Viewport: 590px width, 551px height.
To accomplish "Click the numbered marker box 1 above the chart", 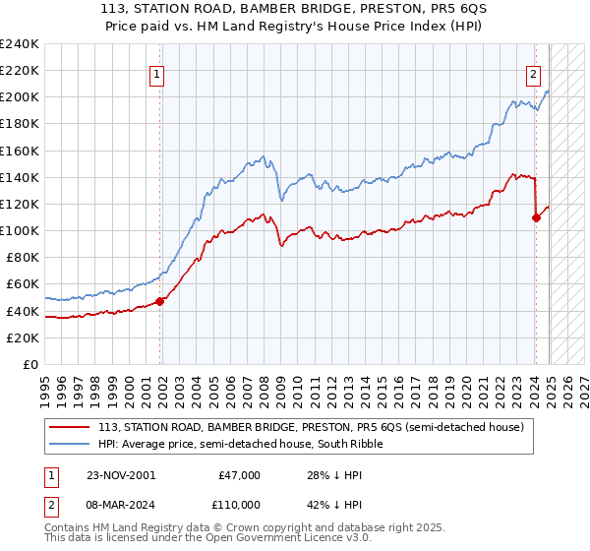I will (157, 72).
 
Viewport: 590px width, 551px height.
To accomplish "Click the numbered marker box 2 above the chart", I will (533, 72).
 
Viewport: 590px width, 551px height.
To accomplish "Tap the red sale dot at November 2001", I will (159, 301).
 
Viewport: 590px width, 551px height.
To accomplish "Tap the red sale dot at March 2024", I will (536, 217).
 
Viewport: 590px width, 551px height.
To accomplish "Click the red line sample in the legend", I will (69, 427).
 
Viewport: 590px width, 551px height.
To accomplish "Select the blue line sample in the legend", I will (69, 444).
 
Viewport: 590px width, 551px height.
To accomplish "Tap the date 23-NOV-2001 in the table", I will (120, 475).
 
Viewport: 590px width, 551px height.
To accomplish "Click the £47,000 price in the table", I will (239, 475).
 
